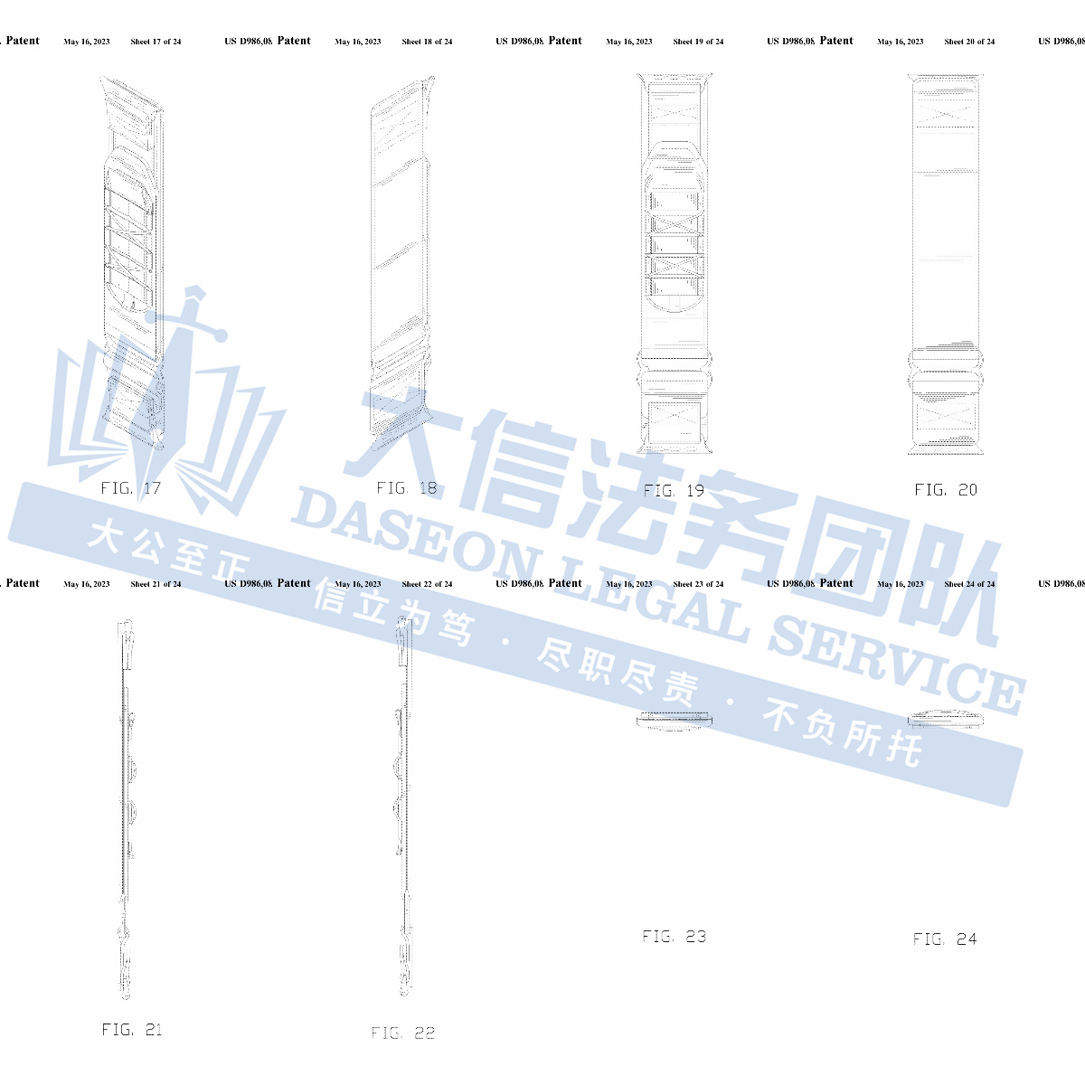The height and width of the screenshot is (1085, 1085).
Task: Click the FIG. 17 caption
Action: coord(131,488)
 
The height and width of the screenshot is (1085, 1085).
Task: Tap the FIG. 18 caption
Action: coord(406,488)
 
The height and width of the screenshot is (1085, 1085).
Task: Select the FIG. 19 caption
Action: coord(674,491)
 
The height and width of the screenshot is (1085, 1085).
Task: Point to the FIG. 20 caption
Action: coord(946,490)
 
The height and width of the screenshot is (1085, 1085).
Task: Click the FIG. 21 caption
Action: coord(132,1030)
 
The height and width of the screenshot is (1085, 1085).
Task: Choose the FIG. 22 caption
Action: coord(403,1033)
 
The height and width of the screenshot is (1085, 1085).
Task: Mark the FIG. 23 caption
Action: coord(675,937)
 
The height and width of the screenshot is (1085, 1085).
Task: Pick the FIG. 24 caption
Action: coord(945,939)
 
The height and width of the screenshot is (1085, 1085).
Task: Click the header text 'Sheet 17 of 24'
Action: coord(156,42)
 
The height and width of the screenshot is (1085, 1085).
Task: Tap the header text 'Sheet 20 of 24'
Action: coord(969,42)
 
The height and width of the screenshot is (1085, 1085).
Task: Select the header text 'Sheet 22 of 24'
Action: coord(427,584)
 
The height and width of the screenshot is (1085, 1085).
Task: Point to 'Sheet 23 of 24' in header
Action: coord(698,584)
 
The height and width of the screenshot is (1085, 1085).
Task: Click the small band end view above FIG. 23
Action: coord(675,720)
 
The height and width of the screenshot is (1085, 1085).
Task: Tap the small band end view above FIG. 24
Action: coord(946,719)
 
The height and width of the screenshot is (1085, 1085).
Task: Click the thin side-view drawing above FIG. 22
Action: coord(403,805)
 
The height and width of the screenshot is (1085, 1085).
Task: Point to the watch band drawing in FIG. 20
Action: coord(946,262)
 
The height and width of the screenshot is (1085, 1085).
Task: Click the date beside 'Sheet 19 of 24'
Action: coord(629,42)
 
